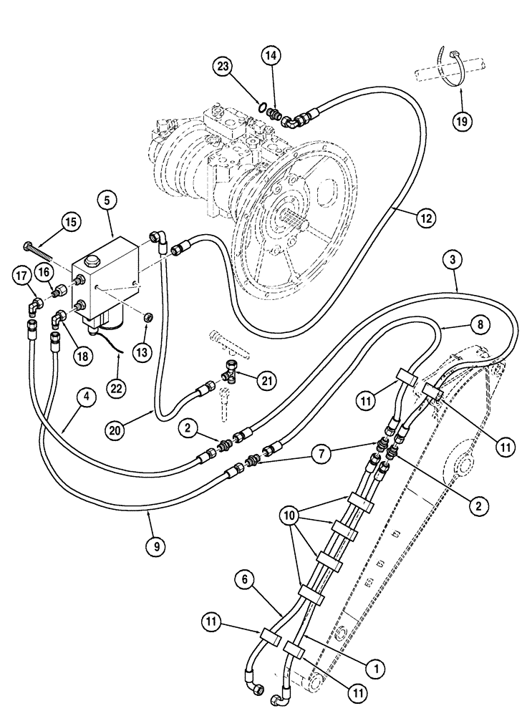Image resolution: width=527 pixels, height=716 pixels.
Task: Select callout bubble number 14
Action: [271, 55]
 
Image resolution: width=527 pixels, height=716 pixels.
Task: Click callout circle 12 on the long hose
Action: [425, 219]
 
